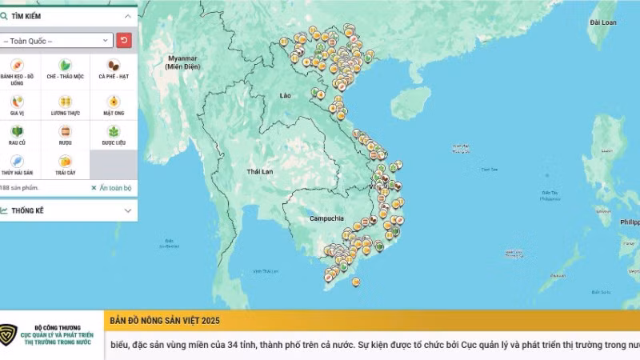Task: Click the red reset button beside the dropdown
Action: coord(124,40)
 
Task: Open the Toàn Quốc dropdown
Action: coord(57,40)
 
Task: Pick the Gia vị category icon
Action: coord(17,102)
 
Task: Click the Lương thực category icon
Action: coord(66,102)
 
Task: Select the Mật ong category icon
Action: coord(114,102)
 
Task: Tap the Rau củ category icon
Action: coord(17,131)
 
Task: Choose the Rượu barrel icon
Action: coord(66,131)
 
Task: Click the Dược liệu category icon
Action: coord(114,131)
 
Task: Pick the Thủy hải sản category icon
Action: coord(17,161)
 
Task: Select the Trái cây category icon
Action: coord(66,161)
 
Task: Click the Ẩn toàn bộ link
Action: coord(111,188)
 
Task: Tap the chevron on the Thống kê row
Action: coord(128,210)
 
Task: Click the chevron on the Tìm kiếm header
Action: coord(128,16)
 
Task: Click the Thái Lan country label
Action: coord(260,172)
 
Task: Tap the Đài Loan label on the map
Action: coord(602,22)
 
